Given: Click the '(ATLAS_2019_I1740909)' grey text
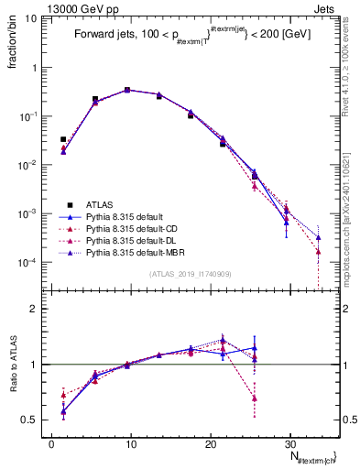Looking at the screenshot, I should (189, 273).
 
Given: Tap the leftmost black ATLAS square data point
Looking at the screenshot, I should (63, 139).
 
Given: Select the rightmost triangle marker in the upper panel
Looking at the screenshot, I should (318, 237).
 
